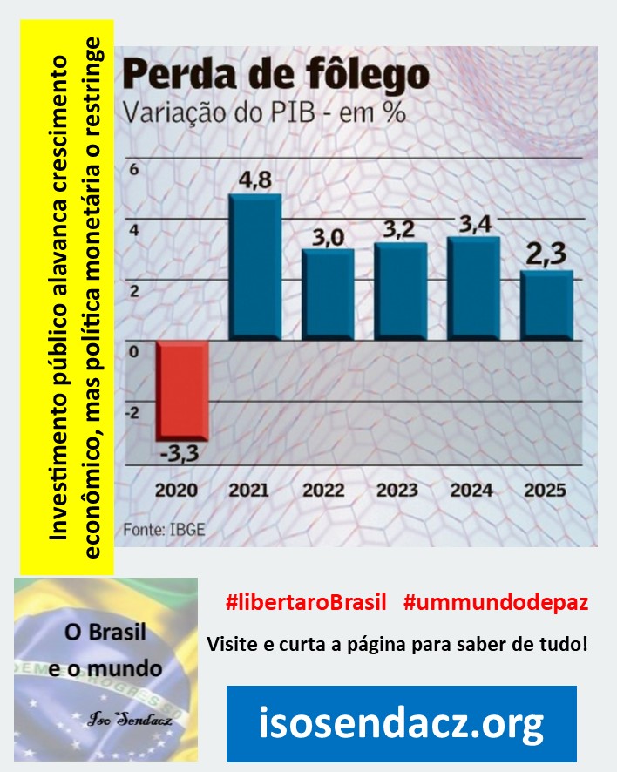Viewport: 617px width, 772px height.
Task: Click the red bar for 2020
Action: point(182,389)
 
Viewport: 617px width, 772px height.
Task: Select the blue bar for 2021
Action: point(254,267)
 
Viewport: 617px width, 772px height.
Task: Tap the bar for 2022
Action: point(328,295)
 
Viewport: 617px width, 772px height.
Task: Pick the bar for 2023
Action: point(400,291)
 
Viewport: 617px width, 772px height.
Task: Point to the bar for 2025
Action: point(547,305)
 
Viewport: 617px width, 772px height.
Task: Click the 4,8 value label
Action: point(254,180)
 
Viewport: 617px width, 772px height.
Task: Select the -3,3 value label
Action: point(182,455)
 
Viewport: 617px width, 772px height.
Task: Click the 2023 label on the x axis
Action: point(399,490)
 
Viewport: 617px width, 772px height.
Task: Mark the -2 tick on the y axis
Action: point(133,413)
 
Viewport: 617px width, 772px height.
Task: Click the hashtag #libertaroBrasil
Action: point(305,601)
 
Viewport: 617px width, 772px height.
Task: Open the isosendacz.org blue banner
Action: point(402,723)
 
